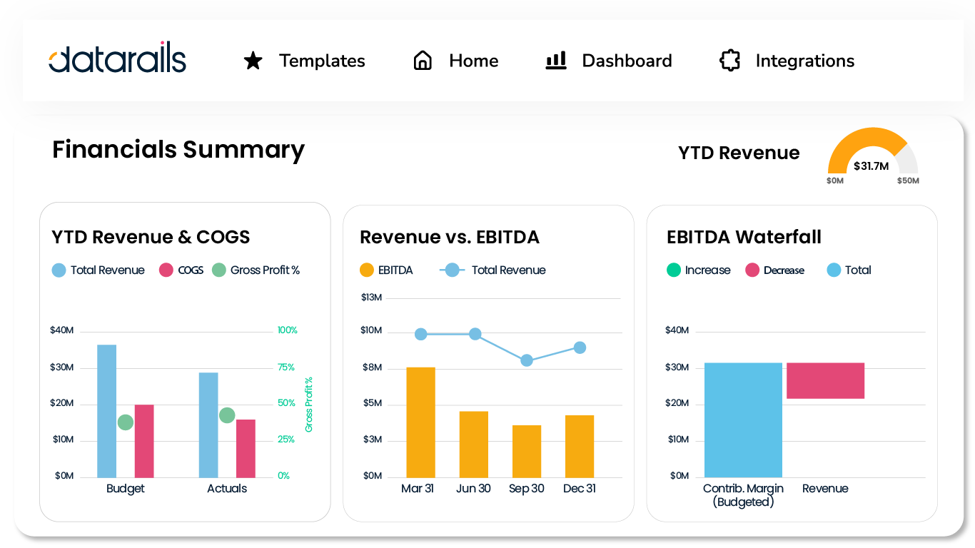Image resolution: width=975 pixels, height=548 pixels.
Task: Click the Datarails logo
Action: pos(118,60)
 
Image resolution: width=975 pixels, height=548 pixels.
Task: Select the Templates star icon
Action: pos(253,61)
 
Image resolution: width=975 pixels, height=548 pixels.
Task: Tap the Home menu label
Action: pos(473,61)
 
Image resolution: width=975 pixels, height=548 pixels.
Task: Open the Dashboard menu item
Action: pos(627,61)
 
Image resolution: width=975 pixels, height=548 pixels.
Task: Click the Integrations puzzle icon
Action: pos(729,61)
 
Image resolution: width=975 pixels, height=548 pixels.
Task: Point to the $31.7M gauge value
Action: pos(871,166)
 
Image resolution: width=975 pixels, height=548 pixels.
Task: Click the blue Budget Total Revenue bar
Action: pos(107,411)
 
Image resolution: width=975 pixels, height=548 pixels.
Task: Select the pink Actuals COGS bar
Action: pos(246,448)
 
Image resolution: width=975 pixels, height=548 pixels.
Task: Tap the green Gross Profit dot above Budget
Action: pos(125,422)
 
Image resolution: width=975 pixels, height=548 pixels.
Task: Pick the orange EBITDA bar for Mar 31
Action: pos(420,422)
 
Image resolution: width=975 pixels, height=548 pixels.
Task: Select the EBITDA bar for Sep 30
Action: pos(527,451)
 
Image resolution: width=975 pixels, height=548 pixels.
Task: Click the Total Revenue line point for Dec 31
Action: pos(580,347)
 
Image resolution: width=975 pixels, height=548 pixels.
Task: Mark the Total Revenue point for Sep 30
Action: pos(527,360)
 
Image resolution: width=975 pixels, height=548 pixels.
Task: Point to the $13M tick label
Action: pos(372,297)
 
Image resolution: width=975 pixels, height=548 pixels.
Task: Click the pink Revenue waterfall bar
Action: pos(825,380)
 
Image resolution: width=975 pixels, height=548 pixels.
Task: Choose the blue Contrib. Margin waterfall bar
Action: pos(743,420)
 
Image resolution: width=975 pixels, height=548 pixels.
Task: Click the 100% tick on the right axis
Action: pos(288,330)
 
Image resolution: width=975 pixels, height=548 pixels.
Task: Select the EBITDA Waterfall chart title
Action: pos(744,237)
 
